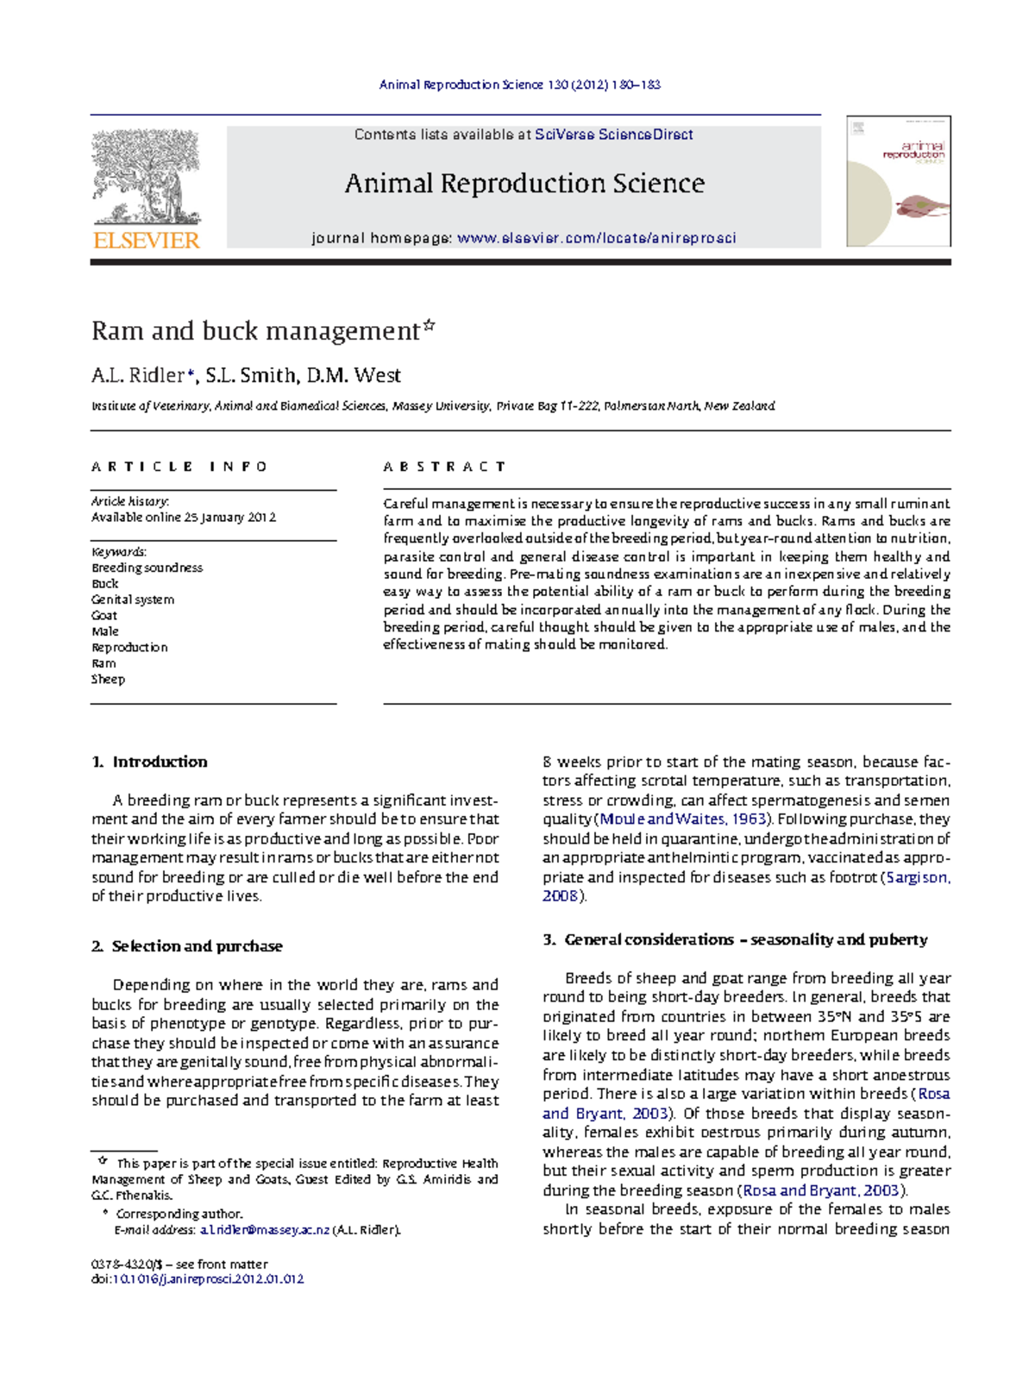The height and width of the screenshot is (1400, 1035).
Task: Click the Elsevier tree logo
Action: pyautogui.click(x=147, y=177)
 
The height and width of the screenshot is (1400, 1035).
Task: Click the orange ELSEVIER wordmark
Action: pyautogui.click(x=147, y=241)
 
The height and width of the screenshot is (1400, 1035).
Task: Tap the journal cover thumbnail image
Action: pyautogui.click(x=898, y=181)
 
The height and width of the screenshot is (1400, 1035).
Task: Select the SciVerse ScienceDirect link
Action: pyautogui.click(x=613, y=135)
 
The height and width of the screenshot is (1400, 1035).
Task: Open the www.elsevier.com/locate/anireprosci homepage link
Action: pyautogui.click(x=596, y=238)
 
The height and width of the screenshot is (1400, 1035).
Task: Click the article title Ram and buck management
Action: pyautogui.click(x=255, y=331)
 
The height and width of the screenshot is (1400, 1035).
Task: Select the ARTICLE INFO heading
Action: pyautogui.click(x=179, y=467)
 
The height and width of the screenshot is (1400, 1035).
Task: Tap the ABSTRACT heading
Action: pyautogui.click(x=444, y=467)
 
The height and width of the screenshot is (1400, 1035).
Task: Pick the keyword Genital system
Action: pyautogui.click(x=133, y=600)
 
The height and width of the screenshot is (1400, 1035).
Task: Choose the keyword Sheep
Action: pyautogui.click(x=109, y=680)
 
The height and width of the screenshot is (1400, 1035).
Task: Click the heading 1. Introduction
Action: pyautogui.click(x=150, y=762)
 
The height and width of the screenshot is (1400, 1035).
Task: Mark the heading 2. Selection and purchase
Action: pyautogui.click(x=187, y=946)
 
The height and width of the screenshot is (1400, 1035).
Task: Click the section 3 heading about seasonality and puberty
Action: pyautogui.click(x=735, y=939)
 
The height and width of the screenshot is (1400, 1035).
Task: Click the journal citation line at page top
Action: pyautogui.click(x=520, y=85)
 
